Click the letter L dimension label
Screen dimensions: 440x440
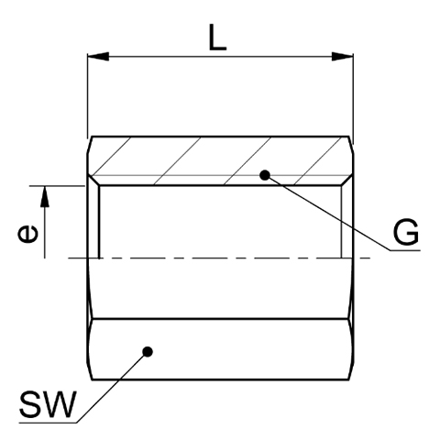coord(217,38)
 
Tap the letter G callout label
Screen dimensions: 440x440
coord(406,232)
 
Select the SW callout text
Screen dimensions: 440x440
coord(47,404)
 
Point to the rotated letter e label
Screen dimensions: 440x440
coord(28,234)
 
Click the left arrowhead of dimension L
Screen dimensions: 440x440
coord(98,57)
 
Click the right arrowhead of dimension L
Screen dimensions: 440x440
coord(343,57)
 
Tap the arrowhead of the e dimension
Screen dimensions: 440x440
coord(45,196)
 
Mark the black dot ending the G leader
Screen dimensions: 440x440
coord(265,175)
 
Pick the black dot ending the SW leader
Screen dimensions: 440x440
coord(148,352)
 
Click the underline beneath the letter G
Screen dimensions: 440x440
coord(405,250)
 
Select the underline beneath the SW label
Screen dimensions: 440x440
coord(48,423)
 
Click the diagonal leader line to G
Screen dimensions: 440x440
coord(327,213)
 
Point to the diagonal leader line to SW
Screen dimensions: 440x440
coord(112,388)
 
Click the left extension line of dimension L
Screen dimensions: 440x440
coord(88,96)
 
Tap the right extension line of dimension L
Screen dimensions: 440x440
coord(353,99)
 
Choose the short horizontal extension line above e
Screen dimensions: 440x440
coord(57,186)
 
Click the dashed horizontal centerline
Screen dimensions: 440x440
coord(219,258)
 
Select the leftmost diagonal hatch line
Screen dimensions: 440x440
coord(112,156)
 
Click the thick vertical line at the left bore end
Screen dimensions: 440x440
coord(99,222)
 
